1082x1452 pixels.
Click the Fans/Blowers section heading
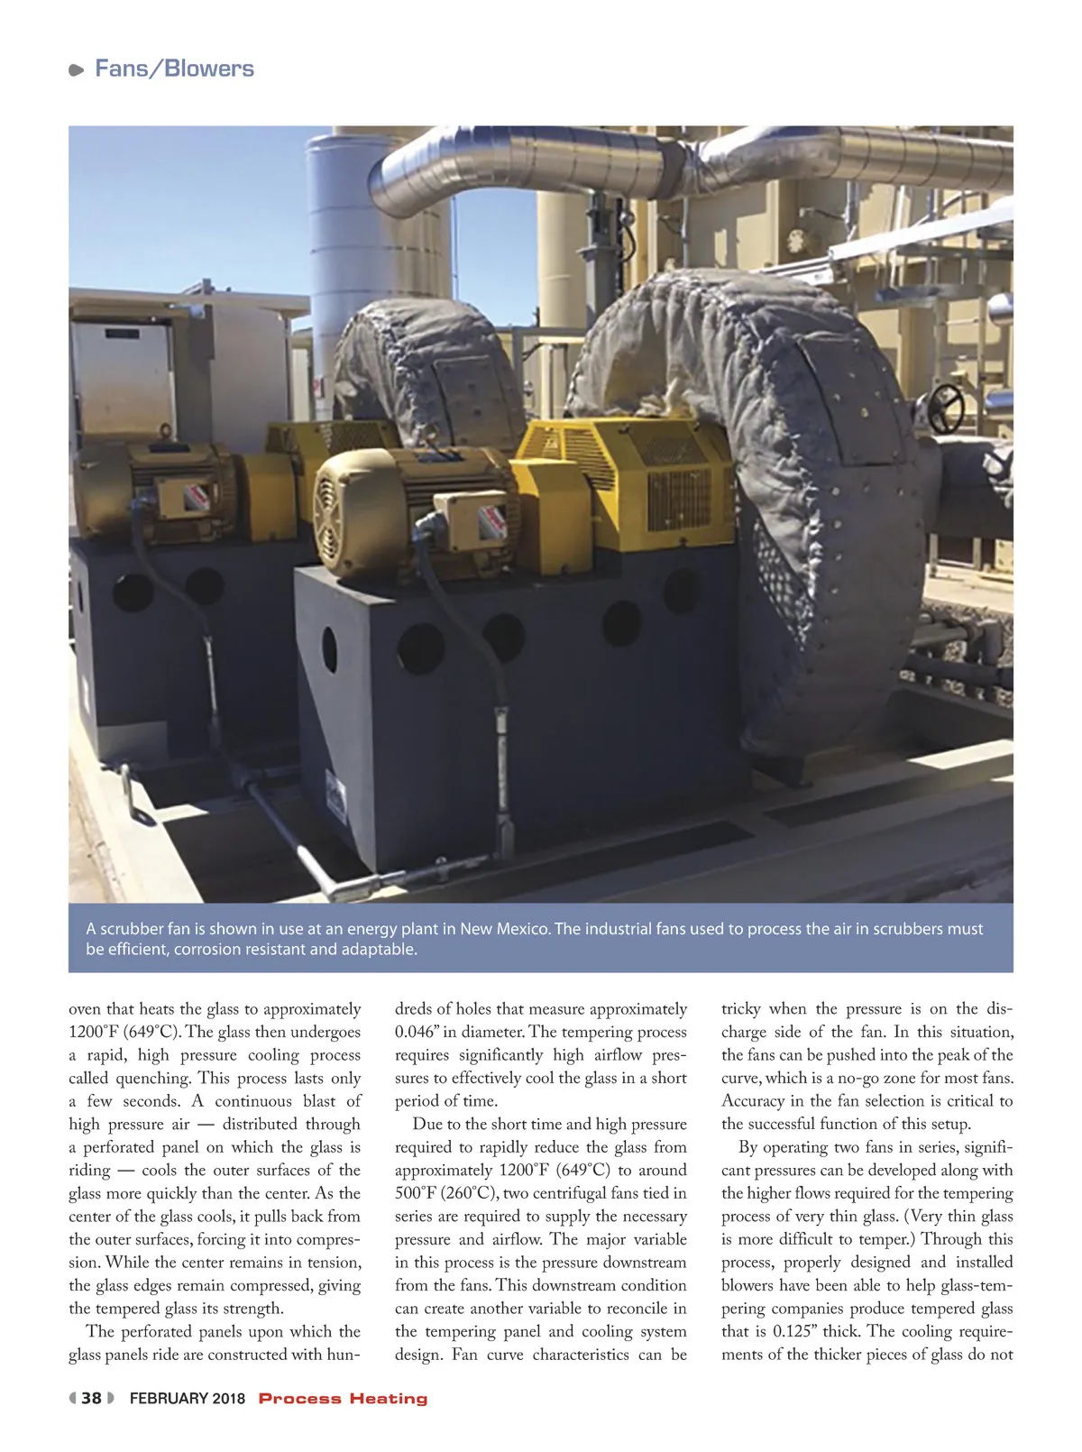174,69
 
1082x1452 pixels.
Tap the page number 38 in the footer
91,1399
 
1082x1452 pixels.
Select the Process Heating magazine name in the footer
343,1399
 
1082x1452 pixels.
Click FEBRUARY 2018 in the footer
188,1399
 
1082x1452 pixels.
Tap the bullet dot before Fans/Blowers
77,70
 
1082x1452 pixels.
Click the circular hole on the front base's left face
329,649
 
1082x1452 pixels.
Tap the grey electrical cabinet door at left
122,379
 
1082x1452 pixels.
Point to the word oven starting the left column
85,1009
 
